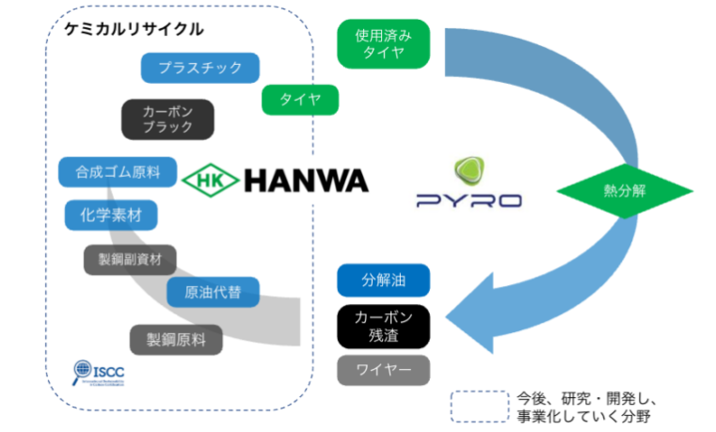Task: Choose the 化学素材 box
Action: [x=111, y=215]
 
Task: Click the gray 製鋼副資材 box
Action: [x=130, y=257]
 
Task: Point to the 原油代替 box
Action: [x=214, y=292]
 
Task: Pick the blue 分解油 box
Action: [x=383, y=280]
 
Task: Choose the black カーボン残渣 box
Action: [x=383, y=326]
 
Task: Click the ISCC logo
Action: [x=98, y=376]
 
